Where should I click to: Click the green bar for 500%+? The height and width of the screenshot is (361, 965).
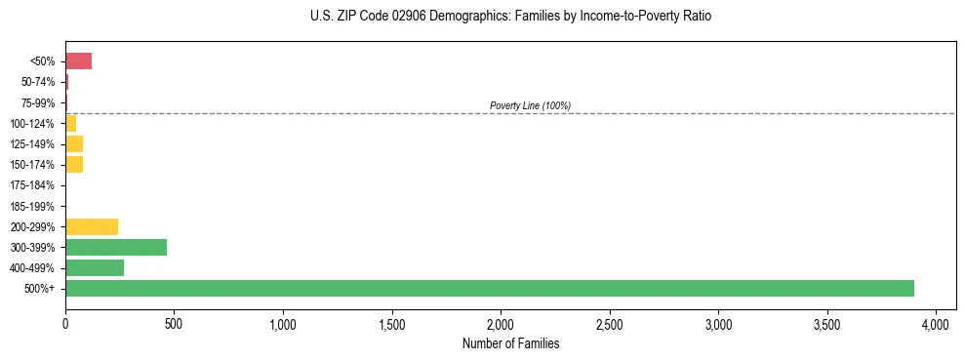coord(489,288)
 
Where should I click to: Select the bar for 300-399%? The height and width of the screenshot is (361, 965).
coord(115,247)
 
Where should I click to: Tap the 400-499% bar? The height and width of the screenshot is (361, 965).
coord(95,267)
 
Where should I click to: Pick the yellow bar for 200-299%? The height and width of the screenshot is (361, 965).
coord(92,226)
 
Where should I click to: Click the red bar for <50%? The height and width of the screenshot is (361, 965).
coord(78,61)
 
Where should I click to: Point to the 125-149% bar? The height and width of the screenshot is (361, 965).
coord(74,144)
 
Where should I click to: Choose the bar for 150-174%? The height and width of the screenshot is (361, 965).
coord(74,165)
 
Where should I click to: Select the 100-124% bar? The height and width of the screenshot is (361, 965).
coord(70,123)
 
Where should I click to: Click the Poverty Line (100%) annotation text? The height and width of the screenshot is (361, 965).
coord(530,105)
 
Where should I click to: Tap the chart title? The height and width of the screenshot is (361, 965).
coord(504,17)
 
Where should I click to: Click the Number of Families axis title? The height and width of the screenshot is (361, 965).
coord(510,343)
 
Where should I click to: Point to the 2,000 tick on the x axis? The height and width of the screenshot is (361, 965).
coord(501,323)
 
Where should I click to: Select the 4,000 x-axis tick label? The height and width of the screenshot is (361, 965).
coord(936,323)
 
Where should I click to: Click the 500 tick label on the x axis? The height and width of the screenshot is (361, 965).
coord(174,323)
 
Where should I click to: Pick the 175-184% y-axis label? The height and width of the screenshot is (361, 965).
coord(32,185)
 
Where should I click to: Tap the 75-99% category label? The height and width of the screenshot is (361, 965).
coord(37,102)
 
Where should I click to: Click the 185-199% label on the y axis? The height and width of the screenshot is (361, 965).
coord(32,206)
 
